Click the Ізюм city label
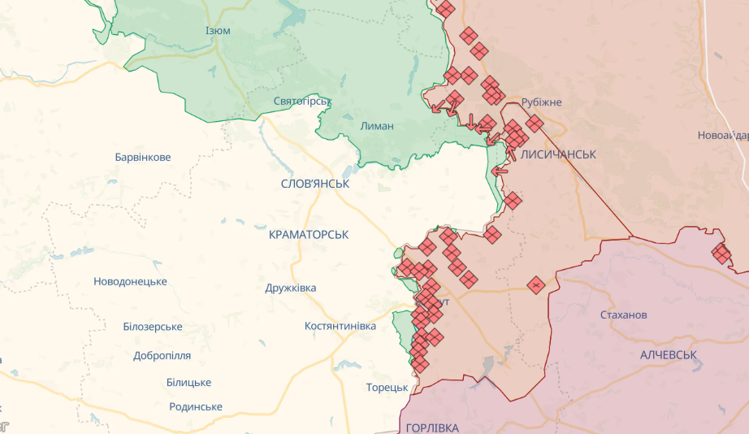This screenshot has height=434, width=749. [x=218, y=31]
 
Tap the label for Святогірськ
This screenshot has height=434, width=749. [x=302, y=102]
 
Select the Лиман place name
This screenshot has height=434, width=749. [x=377, y=126]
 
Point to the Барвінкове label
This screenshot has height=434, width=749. [x=143, y=157]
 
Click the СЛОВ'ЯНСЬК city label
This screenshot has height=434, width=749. [x=314, y=184]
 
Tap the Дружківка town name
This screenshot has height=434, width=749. [x=291, y=288]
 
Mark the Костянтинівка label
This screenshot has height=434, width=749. [x=340, y=326]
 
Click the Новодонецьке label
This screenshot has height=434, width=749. [x=130, y=281]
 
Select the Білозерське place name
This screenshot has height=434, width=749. [x=153, y=327]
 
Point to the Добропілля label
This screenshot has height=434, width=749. [x=162, y=356]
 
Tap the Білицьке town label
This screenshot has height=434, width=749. [x=188, y=382]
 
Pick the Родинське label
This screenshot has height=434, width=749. [x=196, y=406]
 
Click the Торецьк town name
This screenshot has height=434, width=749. [x=387, y=387]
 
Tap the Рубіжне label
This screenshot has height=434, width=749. [x=541, y=102]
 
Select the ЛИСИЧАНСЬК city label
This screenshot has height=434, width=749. [x=559, y=154]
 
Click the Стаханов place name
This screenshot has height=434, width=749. [x=623, y=315]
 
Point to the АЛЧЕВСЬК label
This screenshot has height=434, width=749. [x=669, y=356]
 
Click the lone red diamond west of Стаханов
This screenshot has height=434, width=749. [x=535, y=285]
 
